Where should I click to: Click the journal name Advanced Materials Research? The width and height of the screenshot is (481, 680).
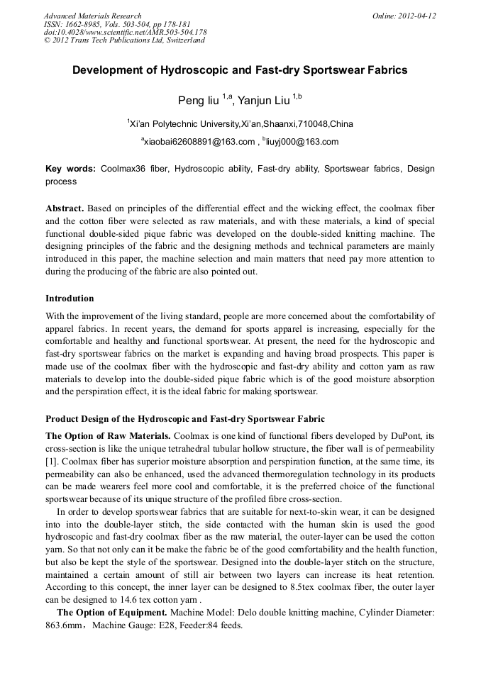tap(92, 16)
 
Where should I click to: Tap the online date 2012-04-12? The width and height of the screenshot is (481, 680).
tap(417, 16)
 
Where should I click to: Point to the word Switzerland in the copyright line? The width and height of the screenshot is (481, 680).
tap(180, 40)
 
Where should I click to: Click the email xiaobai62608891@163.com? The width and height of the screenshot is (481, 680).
tap(199, 142)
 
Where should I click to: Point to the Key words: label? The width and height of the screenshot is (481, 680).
tap(70, 169)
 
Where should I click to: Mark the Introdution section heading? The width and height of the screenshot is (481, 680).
tap(70, 299)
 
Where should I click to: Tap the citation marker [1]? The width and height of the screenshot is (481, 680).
tap(52, 462)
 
